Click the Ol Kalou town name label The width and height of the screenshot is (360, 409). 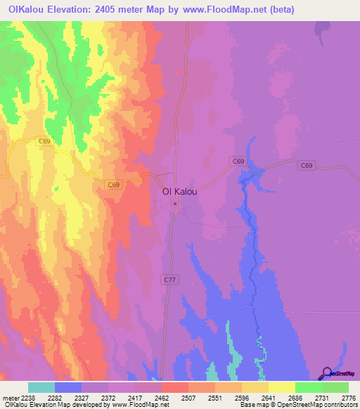tap(179, 191)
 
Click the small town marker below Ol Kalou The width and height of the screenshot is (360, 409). tap(176, 204)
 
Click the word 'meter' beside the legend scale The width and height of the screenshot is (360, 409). tap(11, 398)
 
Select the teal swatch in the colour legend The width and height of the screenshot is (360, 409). tap(41, 387)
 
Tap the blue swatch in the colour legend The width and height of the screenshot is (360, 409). tap(68, 387)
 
